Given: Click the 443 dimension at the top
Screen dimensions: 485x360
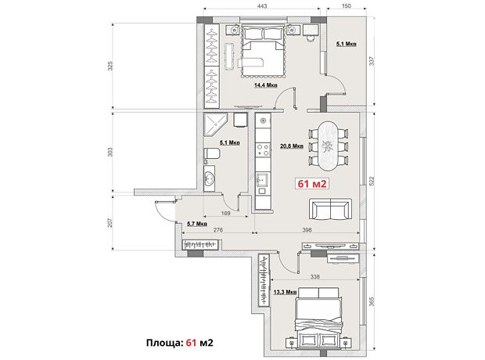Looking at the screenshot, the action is tap(262, 6).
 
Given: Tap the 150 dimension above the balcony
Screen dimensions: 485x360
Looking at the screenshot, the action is tap(347, 6).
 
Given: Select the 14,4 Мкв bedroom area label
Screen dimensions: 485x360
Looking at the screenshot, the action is tap(266, 85).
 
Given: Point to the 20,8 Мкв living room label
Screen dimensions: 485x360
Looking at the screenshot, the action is tap(292, 146).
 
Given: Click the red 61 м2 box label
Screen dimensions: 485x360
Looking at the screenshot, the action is tap(312, 184).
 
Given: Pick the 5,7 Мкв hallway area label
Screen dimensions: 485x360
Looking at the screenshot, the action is tap(197, 224).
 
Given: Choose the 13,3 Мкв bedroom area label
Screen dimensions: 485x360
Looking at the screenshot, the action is tap(286, 292).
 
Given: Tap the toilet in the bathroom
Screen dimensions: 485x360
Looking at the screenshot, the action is tap(212, 154).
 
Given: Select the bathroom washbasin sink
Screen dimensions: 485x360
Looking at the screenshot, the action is tap(210, 178).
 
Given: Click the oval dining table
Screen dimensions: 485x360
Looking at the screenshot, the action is tap(329, 146).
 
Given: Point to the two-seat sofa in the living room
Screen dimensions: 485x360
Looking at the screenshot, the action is tap(331, 209).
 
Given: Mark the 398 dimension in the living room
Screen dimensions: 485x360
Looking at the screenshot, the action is tap(307, 229).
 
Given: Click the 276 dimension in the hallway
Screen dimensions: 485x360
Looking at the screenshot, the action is tap(218, 229).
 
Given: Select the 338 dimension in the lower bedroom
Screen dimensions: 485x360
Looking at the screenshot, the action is tap(314, 276).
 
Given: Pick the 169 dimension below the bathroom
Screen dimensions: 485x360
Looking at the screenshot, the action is tap(226, 213).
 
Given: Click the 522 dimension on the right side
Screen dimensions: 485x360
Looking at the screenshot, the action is tap(372, 181).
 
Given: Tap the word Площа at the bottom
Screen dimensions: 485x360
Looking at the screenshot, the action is tap(164, 343).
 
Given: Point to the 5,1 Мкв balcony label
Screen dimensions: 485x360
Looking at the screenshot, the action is tap(347, 44).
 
